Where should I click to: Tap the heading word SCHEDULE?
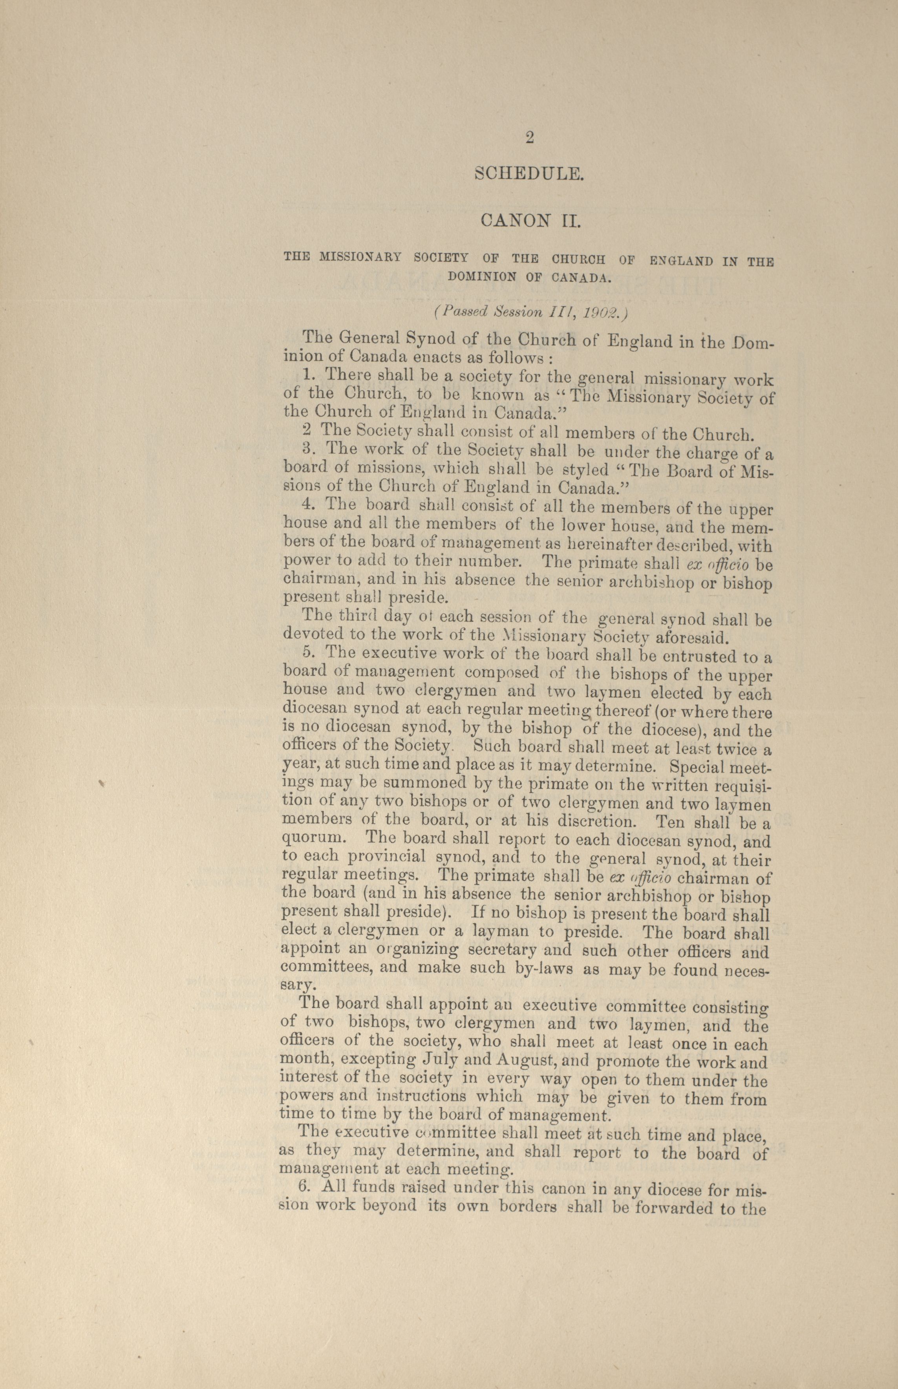click(x=529, y=173)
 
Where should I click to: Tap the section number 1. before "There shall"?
click(x=309, y=376)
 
